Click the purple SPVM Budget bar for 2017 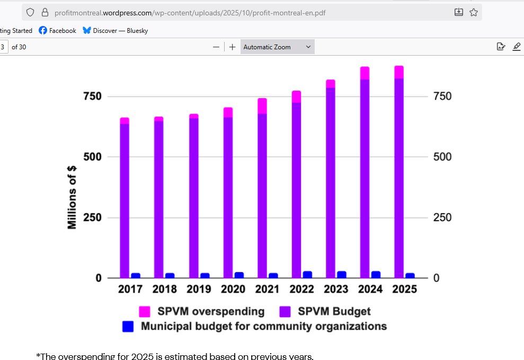[x=125, y=201]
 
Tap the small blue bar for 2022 [x=307, y=275]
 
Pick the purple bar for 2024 [x=365, y=180]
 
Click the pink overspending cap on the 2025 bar [x=399, y=72]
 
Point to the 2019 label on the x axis [x=199, y=289]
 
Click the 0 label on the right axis [x=436, y=278]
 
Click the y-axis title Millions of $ [x=72, y=197]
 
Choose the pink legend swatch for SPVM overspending [x=144, y=312]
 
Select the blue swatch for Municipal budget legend [x=128, y=327]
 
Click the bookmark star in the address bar [x=473, y=12]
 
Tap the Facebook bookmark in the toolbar [x=57, y=31]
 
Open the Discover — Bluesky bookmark [x=115, y=31]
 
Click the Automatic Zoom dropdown [x=277, y=47]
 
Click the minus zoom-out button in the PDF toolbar [x=216, y=47]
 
